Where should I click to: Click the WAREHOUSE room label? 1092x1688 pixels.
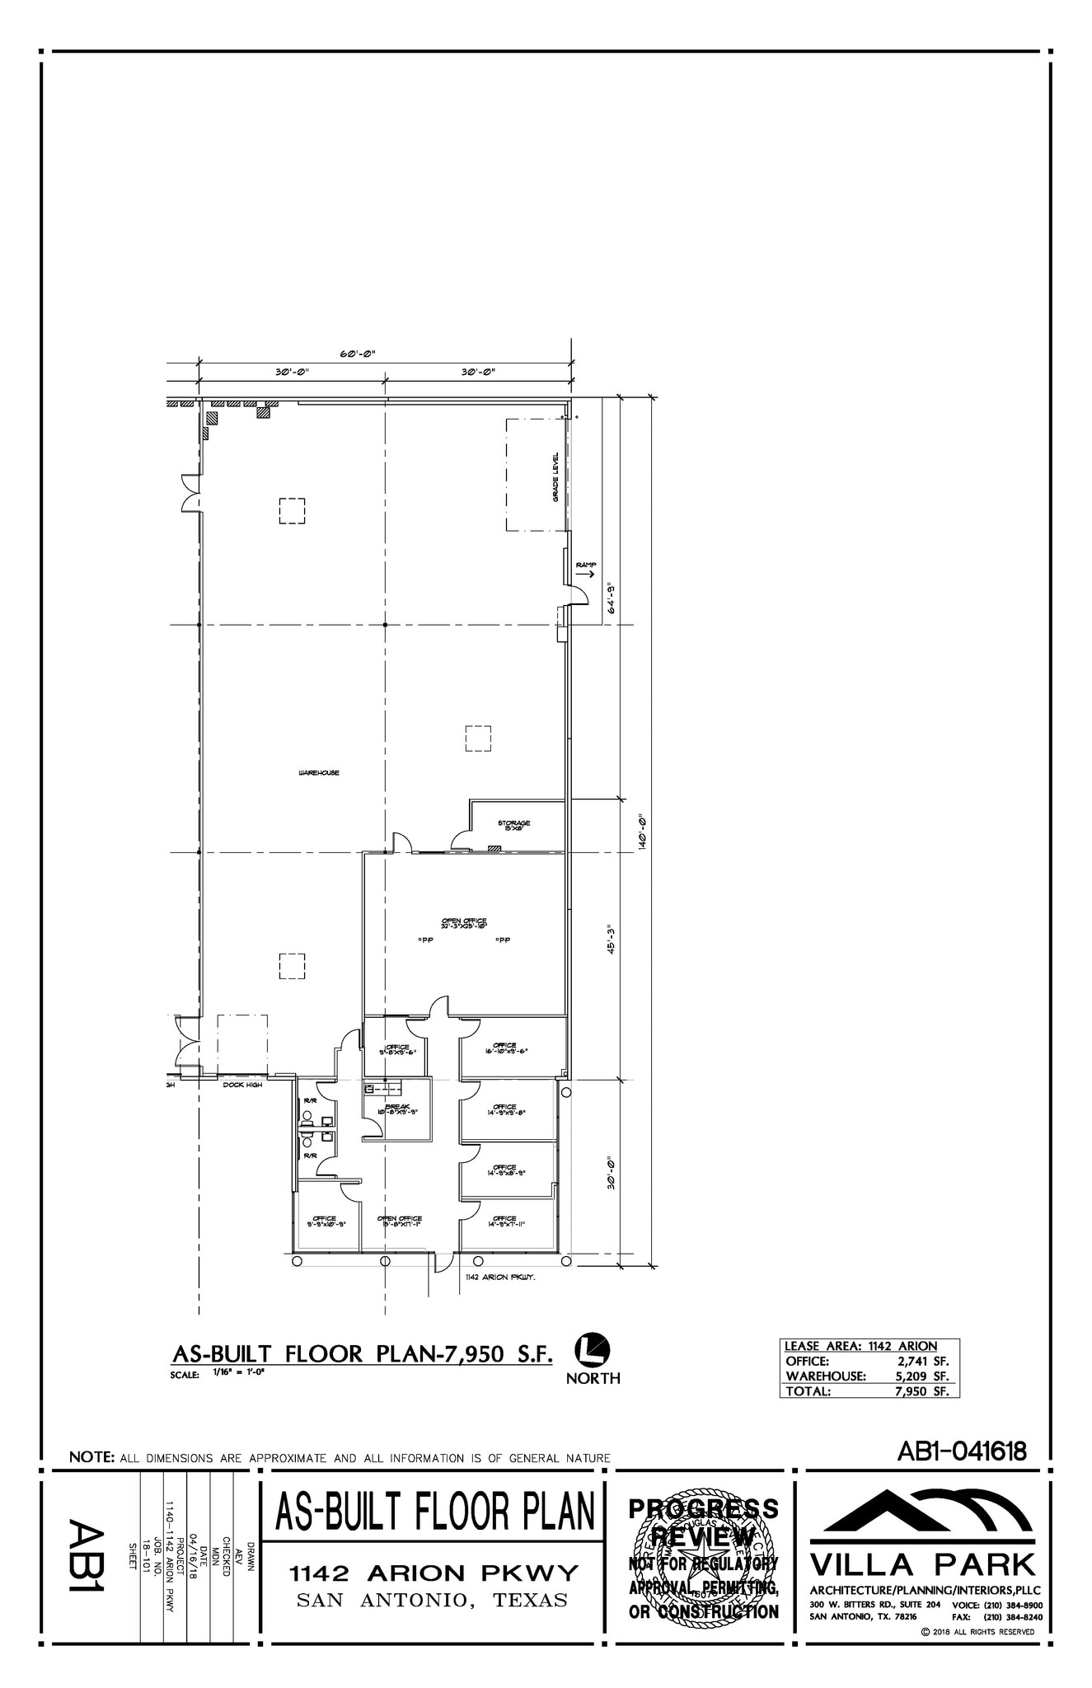pyautogui.click(x=318, y=773)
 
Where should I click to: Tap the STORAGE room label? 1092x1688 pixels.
pyautogui.click(x=513, y=824)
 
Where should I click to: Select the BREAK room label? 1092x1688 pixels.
pyautogui.click(x=397, y=1109)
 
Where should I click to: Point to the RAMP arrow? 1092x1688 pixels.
pyautogui.click(x=586, y=574)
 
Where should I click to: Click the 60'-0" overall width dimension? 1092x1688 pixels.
pyautogui.click(x=358, y=354)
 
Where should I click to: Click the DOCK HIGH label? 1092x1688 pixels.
pyautogui.click(x=242, y=1085)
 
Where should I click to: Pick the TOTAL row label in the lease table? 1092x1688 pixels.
pyautogui.click(x=808, y=1390)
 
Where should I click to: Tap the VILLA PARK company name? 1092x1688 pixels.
pyautogui.click(x=922, y=1563)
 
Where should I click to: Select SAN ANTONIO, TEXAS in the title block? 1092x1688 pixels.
pyautogui.click(x=432, y=1601)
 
